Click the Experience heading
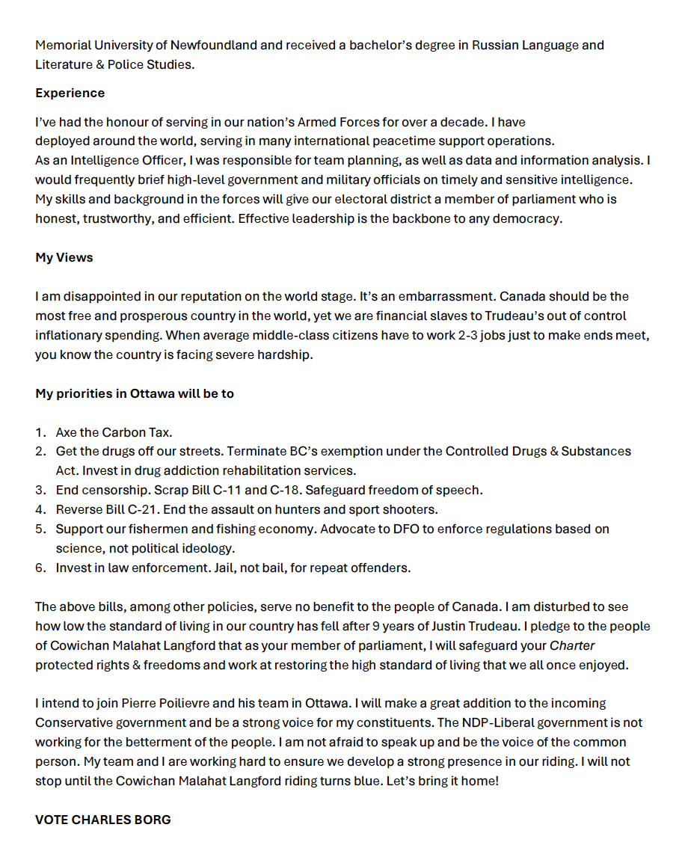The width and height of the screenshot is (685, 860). point(70,93)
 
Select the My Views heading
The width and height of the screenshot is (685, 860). point(64,257)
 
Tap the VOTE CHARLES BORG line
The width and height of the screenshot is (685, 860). point(103,820)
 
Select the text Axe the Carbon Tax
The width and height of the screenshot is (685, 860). point(114,432)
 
